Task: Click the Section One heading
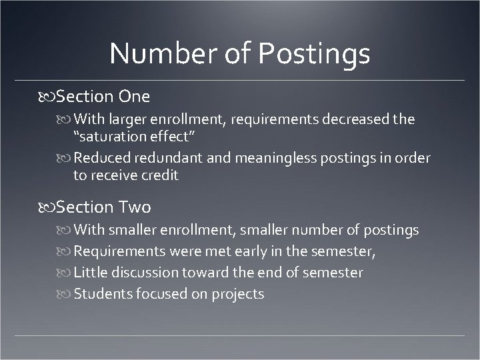(x=103, y=97)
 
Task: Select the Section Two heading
(x=103, y=207)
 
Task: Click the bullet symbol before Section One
(x=47, y=97)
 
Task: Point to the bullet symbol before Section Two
(x=47, y=208)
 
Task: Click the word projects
(x=238, y=294)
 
